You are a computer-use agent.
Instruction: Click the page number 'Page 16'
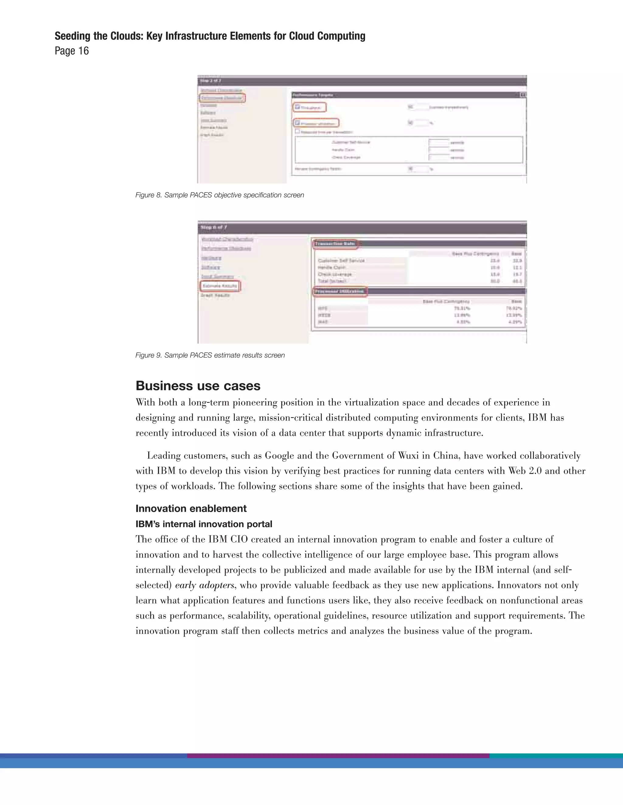71,51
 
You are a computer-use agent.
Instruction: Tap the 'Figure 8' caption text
219,195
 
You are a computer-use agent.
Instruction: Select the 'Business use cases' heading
198,385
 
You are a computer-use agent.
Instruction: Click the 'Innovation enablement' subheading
191,508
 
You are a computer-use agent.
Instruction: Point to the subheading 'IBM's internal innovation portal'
204,524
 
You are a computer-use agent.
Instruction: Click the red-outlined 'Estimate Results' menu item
220,286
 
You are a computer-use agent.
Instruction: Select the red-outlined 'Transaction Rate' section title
335,244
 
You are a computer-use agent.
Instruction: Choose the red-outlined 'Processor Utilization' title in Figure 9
340,292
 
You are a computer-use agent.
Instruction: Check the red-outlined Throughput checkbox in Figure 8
298,107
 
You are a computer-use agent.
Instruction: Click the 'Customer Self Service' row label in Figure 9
341,260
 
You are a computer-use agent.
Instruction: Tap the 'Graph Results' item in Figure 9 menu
215,295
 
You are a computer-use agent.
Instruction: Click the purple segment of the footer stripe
338,755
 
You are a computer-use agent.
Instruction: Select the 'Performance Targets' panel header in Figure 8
313,95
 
